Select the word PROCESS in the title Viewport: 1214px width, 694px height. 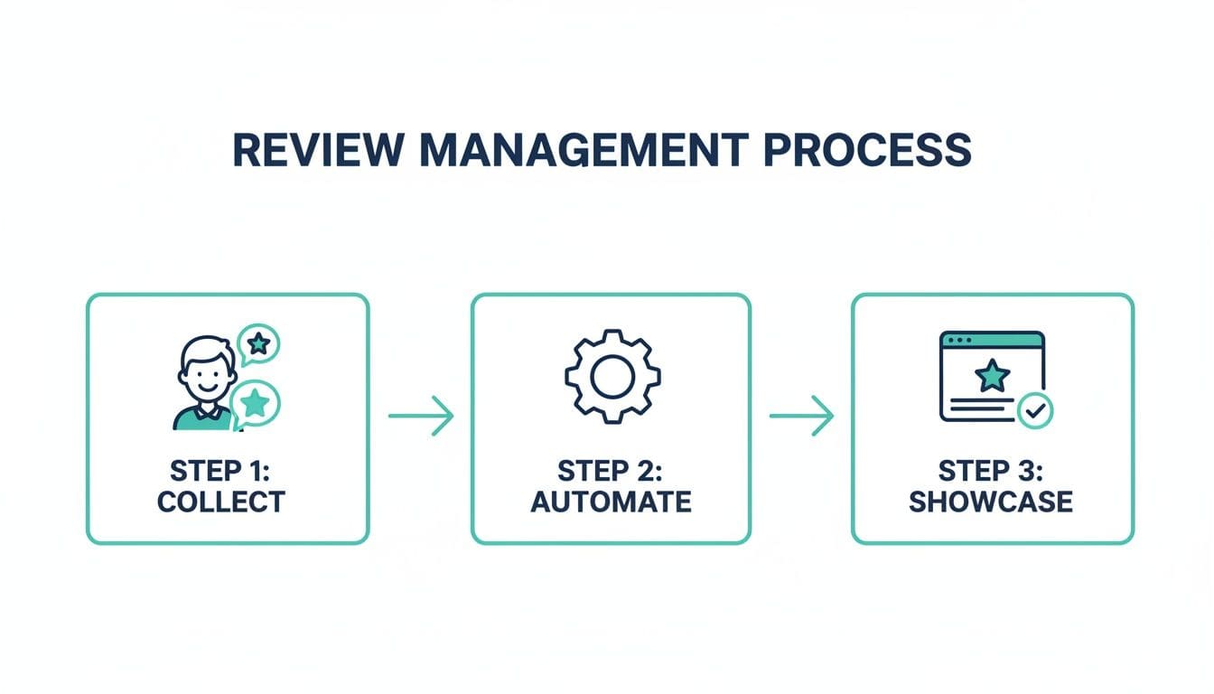click(x=867, y=149)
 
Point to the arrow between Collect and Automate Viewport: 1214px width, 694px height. click(x=420, y=416)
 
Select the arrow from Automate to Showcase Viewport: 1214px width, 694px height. click(x=800, y=416)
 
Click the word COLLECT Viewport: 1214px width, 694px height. click(x=220, y=501)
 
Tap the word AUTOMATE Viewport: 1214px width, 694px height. click(x=611, y=501)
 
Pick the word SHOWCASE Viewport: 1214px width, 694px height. click(x=991, y=501)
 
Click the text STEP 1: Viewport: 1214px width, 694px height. click(x=220, y=471)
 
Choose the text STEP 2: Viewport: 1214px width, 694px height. click(x=611, y=471)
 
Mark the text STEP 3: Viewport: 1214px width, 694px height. click(x=991, y=471)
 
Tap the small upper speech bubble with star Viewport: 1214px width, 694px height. click(x=259, y=343)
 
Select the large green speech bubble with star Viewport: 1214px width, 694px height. click(x=256, y=402)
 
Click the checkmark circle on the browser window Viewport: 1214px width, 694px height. click(x=1035, y=411)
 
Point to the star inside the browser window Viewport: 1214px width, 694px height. click(x=992, y=374)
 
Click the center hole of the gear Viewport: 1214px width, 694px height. click(x=612, y=376)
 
